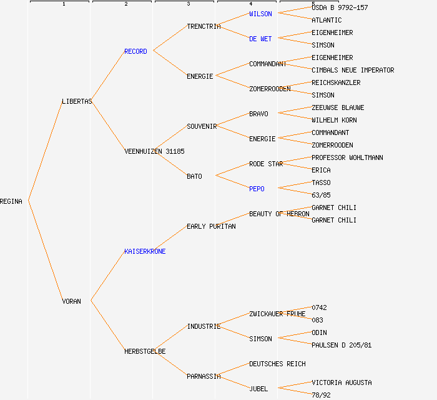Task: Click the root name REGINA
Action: [x=11, y=201]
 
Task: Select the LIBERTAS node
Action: [x=77, y=101]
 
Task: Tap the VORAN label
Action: [x=71, y=301]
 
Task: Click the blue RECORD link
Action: [x=135, y=51]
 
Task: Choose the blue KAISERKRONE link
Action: [x=145, y=251]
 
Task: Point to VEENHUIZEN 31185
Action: [x=154, y=151]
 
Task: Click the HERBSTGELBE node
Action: [x=145, y=351]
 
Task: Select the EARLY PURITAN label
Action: [x=211, y=226]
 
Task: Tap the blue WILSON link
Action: [x=260, y=14]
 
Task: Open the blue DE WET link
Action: [x=260, y=39]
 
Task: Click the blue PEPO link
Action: [x=257, y=189]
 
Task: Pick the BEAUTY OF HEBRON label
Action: [x=279, y=214]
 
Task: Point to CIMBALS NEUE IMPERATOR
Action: [x=353, y=70]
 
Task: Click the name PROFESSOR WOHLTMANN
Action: [x=347, y=157]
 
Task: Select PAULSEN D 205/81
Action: [x=341, y=345]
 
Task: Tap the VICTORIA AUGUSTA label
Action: [x=341, y=382]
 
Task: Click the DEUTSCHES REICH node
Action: [x=277, y=364]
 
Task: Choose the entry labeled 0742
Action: [x=319, y=307]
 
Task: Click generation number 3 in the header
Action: [x=188, y=4]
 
